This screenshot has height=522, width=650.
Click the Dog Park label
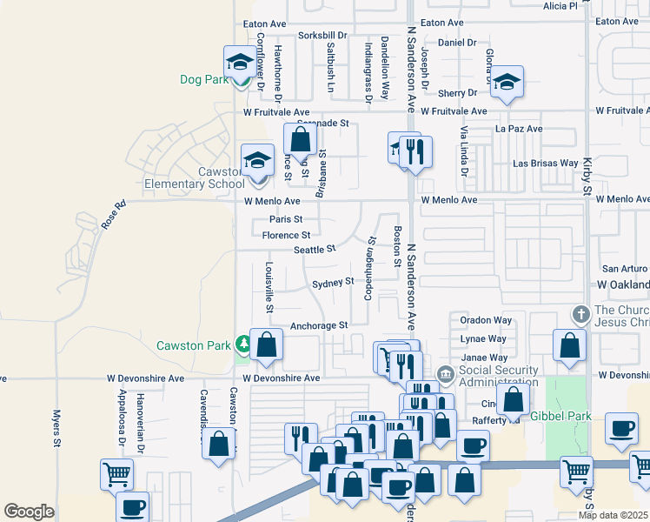(203, 79)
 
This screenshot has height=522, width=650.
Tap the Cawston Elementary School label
(195, 177)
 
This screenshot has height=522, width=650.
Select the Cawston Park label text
(192, 345)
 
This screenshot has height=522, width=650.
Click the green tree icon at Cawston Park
(243, 345)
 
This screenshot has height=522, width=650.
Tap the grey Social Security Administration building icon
(445, 373)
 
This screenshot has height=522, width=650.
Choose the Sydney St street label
(333, 282)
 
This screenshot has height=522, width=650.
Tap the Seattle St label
(315, 250)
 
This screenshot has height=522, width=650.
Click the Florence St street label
(286, 235)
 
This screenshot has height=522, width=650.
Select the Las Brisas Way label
(546, 163)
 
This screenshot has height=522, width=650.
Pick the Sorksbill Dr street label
(322, 36)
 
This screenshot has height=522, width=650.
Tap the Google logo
(29, 511)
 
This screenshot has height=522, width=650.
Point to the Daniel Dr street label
(457, 42)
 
